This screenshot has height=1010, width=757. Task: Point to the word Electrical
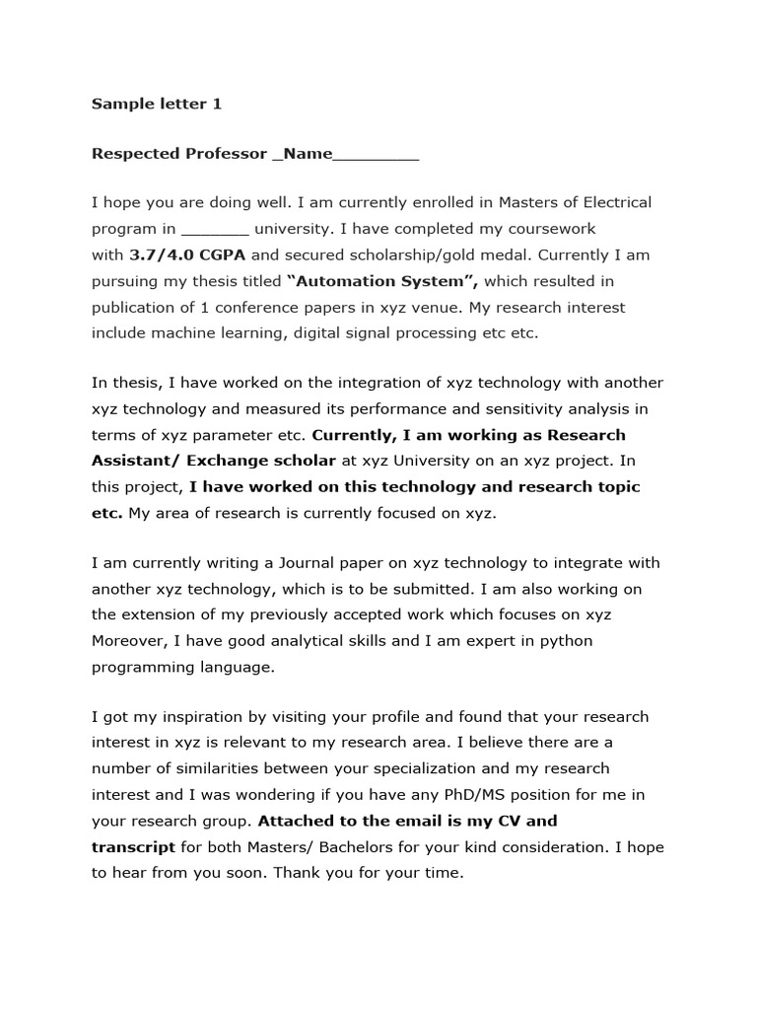pos(610,203)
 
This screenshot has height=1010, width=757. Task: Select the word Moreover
pos(129,641)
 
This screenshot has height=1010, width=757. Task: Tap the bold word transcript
pos(133,846)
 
